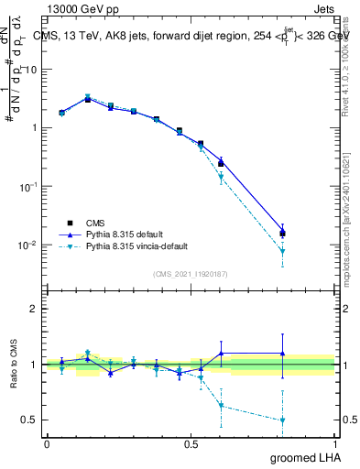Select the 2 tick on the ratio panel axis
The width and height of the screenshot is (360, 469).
click(34, 309)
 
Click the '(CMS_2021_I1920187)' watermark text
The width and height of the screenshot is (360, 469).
click(191, 274)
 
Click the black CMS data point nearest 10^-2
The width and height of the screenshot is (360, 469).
click(282, 234)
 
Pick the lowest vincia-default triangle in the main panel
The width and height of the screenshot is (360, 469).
click(282, 251)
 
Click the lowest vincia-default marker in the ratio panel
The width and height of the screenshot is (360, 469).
click(282, 420)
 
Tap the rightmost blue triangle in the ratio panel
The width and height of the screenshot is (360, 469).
click(282, 354)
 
